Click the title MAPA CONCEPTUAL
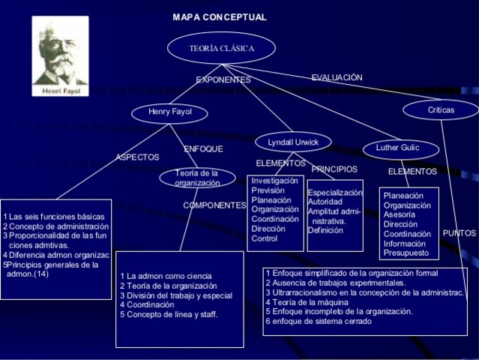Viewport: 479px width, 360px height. tap(219, 17)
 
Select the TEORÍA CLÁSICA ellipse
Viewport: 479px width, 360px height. tap(221, 49)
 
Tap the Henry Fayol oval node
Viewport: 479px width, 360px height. tap(169, 112)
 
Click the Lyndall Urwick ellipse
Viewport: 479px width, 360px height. tap(293, 142)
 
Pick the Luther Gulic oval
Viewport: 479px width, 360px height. tap(397, 148)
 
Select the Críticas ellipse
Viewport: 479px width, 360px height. tap(441, 110)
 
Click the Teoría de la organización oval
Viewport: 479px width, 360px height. tap(197, 178)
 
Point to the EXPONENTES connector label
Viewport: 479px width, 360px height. tap(223, 79)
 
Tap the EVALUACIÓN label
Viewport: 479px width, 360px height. tap(337, 77)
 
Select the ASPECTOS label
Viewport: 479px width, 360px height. tap(137, 157)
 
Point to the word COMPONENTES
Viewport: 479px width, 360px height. tap(214, 205)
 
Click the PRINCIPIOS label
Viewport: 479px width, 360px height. tap(334, 169)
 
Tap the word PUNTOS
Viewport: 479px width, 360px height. tap(459, 233)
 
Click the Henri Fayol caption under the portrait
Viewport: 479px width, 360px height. tap(60, 91)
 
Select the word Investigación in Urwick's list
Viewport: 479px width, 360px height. tap(274, 181)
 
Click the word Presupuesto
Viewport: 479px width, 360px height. tap(406, 253)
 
